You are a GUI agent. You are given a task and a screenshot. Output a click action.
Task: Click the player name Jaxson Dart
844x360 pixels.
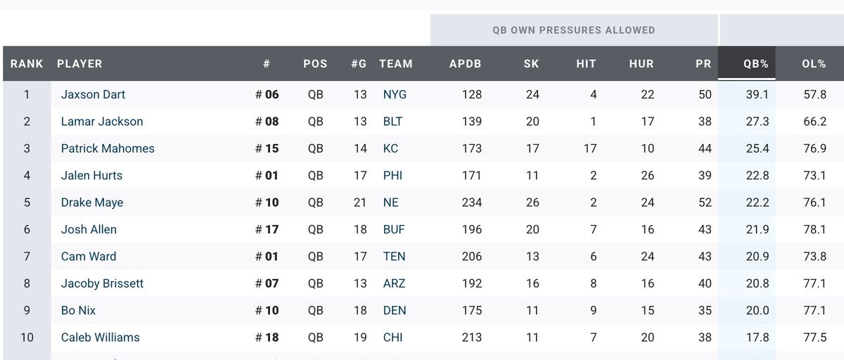click(x=93, y=94)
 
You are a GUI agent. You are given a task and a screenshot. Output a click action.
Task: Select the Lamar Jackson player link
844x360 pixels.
click(x=102, y=122)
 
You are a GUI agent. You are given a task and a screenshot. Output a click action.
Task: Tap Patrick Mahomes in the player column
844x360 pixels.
click(x=108, y=148)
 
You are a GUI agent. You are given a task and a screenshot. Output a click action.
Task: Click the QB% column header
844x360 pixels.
click(x=755, y=63)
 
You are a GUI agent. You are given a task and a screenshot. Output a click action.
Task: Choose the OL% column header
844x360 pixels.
click(x=814, y=63)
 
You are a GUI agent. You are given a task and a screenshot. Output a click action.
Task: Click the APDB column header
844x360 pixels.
click(x=465, y=63)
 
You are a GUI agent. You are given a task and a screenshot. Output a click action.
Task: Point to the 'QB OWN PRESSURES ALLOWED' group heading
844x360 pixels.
click(x=574, y=30)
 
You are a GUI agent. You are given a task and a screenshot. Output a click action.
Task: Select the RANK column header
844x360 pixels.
click(x=27, y=63)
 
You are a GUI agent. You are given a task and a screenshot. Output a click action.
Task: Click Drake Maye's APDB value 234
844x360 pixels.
click(x=472, y=202)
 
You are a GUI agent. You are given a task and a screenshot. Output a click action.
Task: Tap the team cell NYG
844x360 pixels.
click(x=395, y=94)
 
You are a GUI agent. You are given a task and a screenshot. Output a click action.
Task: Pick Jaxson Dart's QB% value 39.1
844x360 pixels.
click(x=757, y=94)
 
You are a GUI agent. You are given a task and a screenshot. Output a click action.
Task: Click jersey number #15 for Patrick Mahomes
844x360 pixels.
click(x=267, y=148)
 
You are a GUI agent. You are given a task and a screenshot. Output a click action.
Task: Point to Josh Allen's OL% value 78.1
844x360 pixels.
click(x=814, y=229)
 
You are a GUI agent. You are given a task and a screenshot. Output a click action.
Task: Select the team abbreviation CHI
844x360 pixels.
click(x=392, y=337)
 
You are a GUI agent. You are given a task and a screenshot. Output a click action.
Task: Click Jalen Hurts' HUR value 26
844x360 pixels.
click(x=647, y=176)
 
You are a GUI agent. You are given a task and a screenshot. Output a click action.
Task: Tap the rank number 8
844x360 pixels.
click(x=27, y=283)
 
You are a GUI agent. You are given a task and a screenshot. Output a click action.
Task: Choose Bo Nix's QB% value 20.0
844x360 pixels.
click(x=757, y=311)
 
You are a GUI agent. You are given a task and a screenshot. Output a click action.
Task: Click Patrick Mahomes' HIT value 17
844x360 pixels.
click(x=589, y=148)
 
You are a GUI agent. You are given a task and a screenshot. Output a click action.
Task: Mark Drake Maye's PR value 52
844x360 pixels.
click(x=704, y=202)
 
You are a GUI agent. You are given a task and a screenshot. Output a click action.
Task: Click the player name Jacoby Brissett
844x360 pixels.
click(x=102, y=283)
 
